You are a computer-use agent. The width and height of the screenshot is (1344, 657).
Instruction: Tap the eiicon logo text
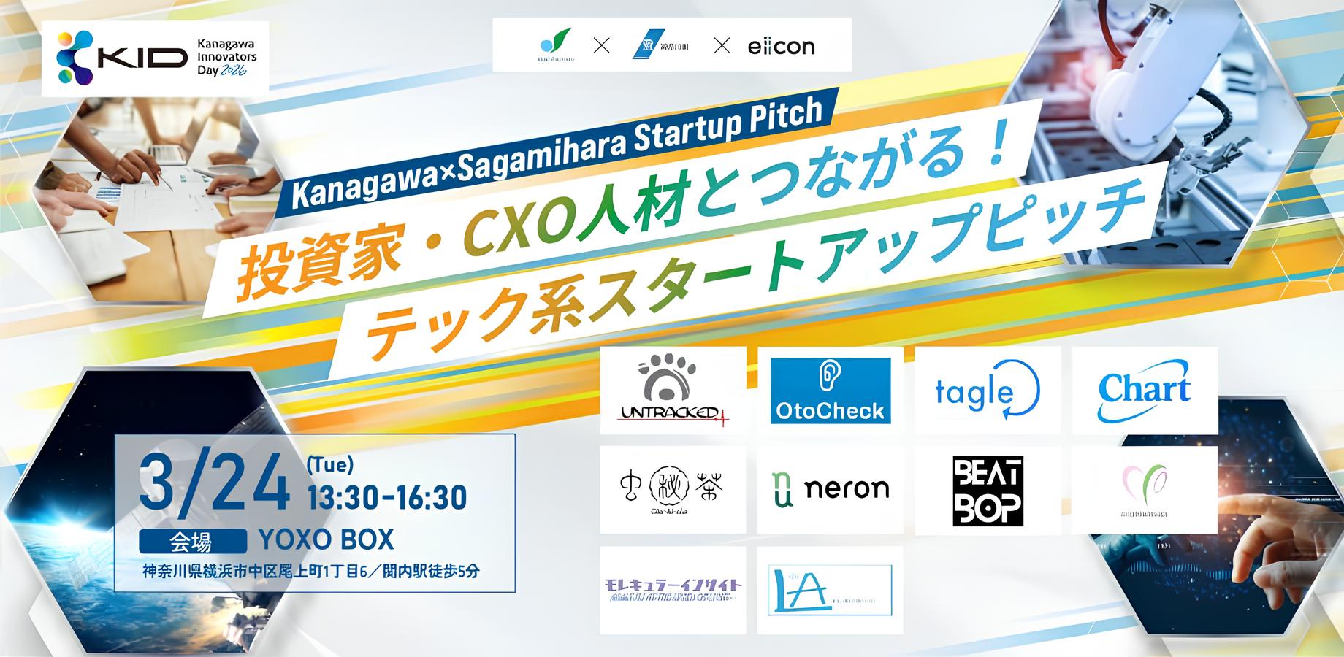(x=781, y=47)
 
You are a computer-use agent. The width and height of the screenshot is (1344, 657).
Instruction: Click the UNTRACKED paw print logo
(x=673, y=389)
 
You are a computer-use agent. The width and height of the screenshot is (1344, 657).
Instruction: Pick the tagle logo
(x=987, y=391)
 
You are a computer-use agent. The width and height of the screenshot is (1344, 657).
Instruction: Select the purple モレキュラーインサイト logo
(x=673, y=589)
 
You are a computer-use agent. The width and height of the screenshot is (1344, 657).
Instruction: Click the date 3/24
(x=215, y=483)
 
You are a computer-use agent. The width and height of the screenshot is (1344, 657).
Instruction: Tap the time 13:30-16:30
(x=387, y=498)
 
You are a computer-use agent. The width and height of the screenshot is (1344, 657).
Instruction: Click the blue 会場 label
(x=192, y=542)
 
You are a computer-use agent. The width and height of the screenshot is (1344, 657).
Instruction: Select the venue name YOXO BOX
(x=327, y=540)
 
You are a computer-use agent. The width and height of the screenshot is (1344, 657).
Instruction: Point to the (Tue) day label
(x=330, y=464)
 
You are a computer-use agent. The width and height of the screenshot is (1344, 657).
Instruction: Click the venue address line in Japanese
(x=311, y=572)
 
